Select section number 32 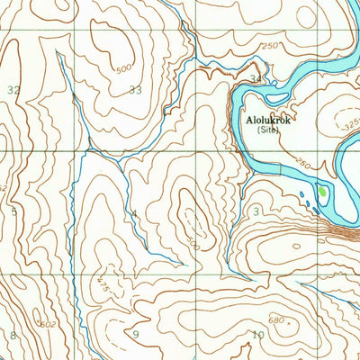coord(13,89)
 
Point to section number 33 coord(135,89)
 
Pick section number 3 coord(256,211)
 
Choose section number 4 coord(134,214)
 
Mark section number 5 coord(13,212)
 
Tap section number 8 coord(13,335)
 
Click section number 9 coord(136,335)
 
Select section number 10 coord(257,335)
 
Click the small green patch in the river coord(322,191)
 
